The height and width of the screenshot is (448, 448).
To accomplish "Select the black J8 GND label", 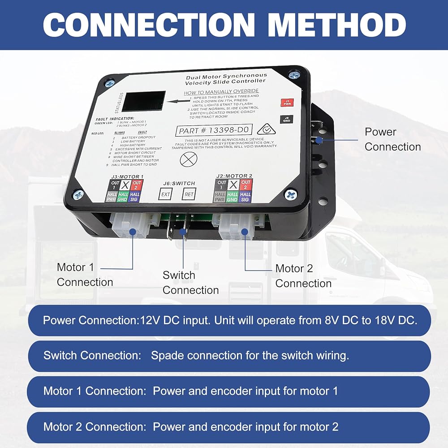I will [286, 120].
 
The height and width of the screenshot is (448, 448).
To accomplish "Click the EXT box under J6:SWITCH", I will [165, 194].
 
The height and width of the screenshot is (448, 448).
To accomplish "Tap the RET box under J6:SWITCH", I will [188, 194].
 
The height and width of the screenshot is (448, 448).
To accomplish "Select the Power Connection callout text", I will [392, 139].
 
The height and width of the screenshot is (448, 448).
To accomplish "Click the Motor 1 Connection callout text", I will [85, 275].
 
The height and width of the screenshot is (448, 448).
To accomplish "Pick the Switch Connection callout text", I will [190, 283].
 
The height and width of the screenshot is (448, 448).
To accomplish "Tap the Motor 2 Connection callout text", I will [303, 276].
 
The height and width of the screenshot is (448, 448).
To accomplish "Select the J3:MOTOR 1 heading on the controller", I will [127, 177].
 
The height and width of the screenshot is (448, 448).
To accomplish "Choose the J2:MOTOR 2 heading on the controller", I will [233, 176].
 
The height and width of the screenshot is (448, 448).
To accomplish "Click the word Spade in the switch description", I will [168, 356].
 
